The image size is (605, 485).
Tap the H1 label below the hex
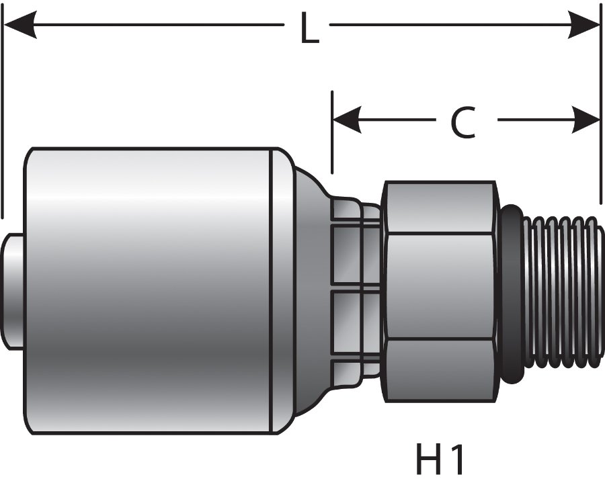pos(440,460)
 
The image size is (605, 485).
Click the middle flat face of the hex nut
pos(440,285)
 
